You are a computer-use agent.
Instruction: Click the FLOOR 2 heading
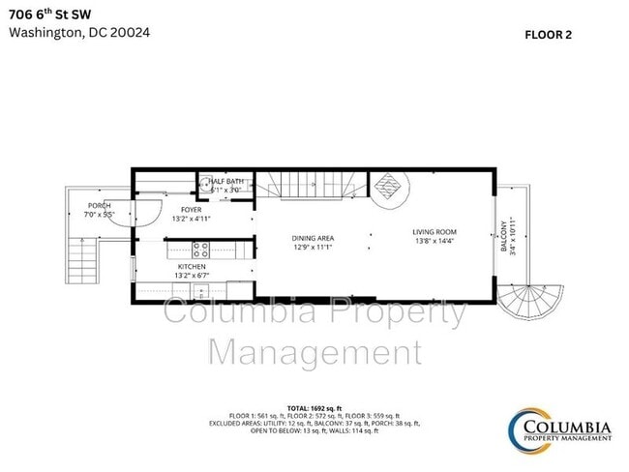coord(549,35)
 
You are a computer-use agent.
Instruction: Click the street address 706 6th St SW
coord(50,13)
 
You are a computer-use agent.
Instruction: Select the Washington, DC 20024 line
coord(78,32)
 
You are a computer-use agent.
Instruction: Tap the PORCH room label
coord(99,206)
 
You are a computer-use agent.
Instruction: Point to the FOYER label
coord(191,210)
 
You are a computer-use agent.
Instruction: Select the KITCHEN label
coord(190,267)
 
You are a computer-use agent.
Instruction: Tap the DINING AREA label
coord(313,237)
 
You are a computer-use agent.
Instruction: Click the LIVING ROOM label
coord(434,232)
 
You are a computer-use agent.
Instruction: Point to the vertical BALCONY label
coord(504,234)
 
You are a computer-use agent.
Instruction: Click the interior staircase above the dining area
coord(314,186)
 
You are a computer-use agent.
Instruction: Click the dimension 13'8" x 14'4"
coord(434,242)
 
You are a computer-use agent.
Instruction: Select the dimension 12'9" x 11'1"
coord(313,247)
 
